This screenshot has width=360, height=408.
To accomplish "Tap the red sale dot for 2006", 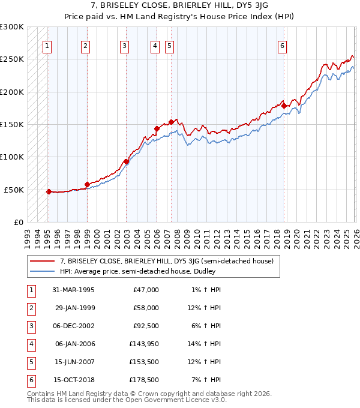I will (x=157, y=128).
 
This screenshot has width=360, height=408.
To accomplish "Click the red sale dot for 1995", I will (x=49, y=191).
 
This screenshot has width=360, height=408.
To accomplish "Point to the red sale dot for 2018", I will (x=284, y=106).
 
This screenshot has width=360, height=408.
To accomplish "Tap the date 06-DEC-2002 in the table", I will (x=74, y=326).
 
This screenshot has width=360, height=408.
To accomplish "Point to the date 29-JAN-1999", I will (x=74, y=308).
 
